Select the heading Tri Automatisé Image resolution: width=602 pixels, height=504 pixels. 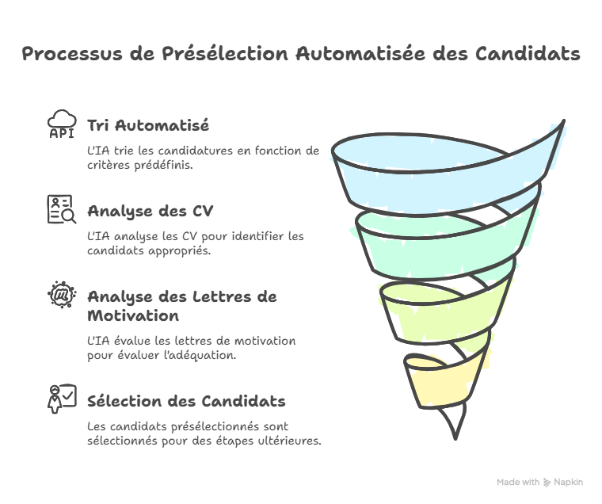(148, 125)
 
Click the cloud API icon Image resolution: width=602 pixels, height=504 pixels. (62, 125)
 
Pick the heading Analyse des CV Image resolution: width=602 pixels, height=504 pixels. (150, 212)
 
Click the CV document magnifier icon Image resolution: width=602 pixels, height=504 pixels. (62, 210)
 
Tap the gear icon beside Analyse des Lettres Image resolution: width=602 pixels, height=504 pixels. (62, 296)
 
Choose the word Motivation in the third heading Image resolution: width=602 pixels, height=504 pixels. (132, 316)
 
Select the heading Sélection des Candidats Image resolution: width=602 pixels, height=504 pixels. (186, 401)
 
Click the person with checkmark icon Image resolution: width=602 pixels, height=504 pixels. (62, 399)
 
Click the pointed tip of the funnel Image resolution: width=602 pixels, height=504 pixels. (454, 434)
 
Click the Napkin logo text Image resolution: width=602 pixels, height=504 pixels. (570, 482)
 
